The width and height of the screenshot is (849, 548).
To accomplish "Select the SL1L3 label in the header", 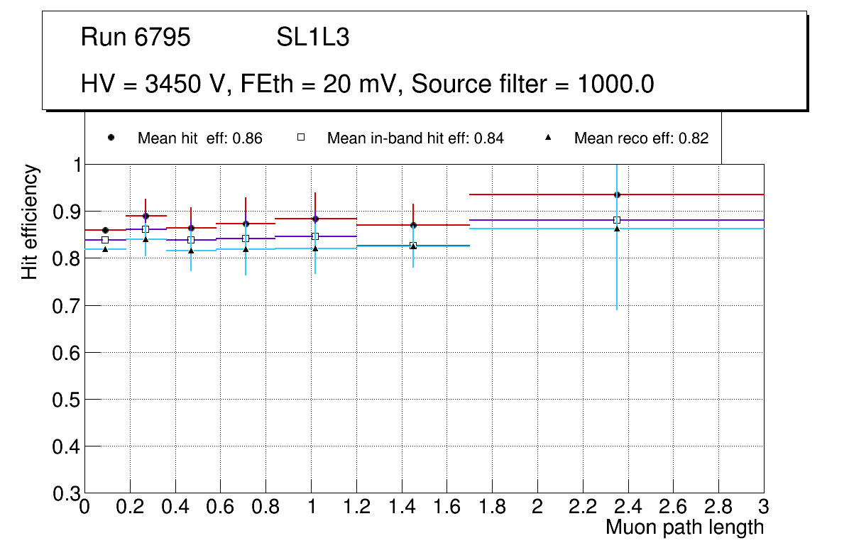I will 312,38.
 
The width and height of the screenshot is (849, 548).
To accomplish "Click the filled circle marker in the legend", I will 111,138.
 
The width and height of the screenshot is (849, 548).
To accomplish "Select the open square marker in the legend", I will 300,138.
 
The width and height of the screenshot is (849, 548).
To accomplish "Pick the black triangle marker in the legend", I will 547,138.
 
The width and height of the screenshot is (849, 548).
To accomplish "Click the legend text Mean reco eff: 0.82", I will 641,138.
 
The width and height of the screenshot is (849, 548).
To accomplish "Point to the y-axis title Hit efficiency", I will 30,221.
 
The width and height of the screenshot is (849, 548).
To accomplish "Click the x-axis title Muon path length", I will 684,527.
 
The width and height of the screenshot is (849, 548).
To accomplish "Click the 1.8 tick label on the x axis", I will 492,506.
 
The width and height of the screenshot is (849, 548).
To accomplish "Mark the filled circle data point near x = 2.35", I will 617,194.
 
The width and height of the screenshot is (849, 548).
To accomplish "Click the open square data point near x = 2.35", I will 617,220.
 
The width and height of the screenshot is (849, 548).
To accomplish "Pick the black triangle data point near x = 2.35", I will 617,228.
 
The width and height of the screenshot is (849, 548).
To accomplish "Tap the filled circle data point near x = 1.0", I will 315,219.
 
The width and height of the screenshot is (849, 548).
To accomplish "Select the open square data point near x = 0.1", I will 105,240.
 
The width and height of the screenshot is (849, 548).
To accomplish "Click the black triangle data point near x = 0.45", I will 191,251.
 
